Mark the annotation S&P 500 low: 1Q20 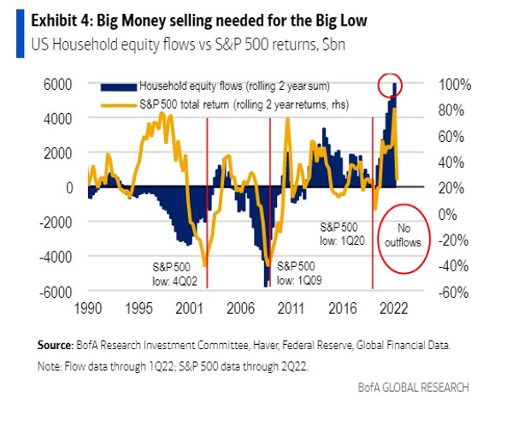(x=344, y=234)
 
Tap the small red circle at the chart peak (x=394, y=85)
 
